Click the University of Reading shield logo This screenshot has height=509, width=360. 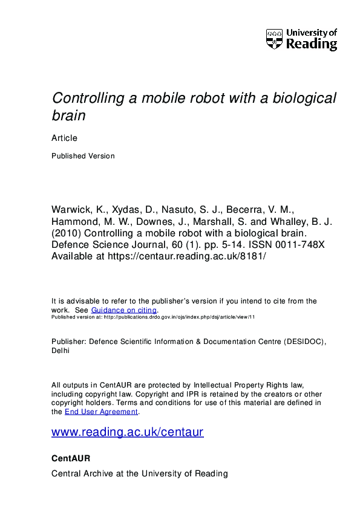[273, 39]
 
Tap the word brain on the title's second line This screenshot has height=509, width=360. [69, 115]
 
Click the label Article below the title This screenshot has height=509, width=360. [64, 138]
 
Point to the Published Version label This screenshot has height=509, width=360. [83, 155]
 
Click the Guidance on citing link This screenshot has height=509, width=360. [123, 310]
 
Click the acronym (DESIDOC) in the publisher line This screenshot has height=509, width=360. [303, 342]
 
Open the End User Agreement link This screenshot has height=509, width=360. [101, 412]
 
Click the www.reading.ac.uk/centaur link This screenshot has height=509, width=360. [128, 432]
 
